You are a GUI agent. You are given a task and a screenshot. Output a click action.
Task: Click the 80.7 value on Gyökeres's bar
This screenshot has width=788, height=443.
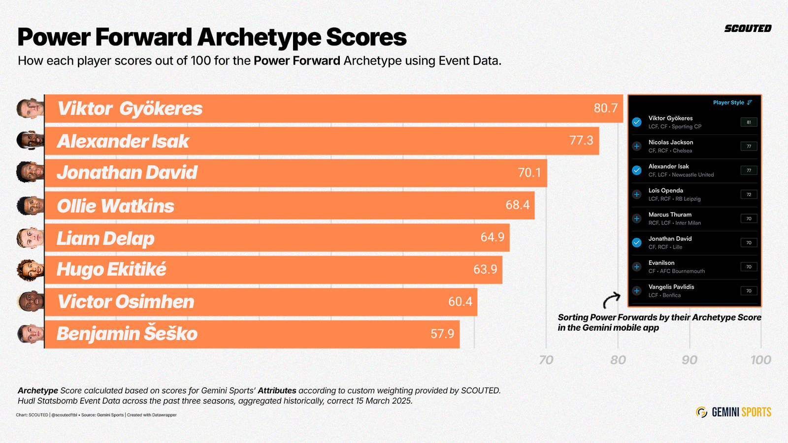coord(605,108)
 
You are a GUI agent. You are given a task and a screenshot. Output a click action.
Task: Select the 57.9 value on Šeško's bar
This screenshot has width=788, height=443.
coord(442,334)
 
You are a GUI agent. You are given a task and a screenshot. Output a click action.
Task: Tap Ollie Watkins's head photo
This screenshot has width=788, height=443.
coord(30,206)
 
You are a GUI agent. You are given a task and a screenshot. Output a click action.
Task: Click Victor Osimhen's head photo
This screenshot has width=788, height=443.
coord(30,302)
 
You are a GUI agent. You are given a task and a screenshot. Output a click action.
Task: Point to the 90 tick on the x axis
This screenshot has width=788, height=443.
coord(689,360)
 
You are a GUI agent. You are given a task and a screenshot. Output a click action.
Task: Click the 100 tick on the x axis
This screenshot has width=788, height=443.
coord(760,360)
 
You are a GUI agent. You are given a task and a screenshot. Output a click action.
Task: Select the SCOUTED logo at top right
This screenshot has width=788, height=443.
coord(748,29)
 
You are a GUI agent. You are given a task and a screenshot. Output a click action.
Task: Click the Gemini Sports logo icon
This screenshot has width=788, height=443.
coord(701,412)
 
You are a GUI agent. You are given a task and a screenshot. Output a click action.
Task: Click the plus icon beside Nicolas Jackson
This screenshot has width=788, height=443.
coord(637,146)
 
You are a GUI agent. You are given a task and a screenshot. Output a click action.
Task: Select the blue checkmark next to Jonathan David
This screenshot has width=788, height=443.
coord(637,243)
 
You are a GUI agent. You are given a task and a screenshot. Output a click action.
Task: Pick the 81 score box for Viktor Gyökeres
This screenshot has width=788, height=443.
coord(749,122)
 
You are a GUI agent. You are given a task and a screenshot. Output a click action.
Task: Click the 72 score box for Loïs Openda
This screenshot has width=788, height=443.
coord(749,194)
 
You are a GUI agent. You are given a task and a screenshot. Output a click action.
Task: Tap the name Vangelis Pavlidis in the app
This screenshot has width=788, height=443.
coord(671,287)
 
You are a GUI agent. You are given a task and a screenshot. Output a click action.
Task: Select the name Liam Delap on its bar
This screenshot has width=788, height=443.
coord(105,238)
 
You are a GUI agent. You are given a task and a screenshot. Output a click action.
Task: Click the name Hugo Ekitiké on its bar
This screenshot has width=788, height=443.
coord(111,270)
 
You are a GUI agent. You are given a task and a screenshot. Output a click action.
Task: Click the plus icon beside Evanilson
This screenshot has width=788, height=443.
coord(637,267)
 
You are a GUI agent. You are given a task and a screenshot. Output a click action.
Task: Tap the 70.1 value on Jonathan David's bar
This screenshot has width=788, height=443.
coord(529,173)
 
